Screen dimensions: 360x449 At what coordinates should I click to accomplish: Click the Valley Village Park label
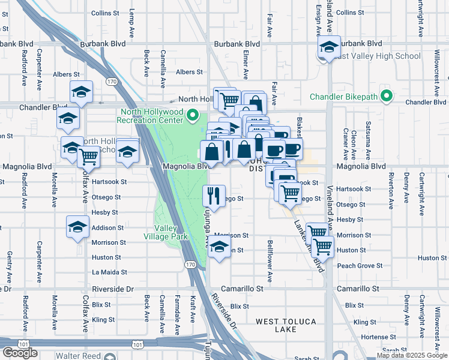(x=172, y=232)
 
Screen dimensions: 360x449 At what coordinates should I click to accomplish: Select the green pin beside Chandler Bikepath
(x=388, y=96)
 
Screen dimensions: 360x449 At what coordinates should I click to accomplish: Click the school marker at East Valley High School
(x=329, y=47)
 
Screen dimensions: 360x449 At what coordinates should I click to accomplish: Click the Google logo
(x=20, y=353)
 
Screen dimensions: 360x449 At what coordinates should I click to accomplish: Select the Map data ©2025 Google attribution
(x=412, y=355)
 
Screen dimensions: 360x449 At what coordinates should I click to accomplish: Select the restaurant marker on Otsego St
(x=214, y=195)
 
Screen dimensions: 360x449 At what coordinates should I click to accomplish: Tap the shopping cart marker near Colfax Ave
(x=89, y=157)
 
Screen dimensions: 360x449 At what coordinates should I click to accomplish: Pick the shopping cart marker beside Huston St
(x=323, y=245)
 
